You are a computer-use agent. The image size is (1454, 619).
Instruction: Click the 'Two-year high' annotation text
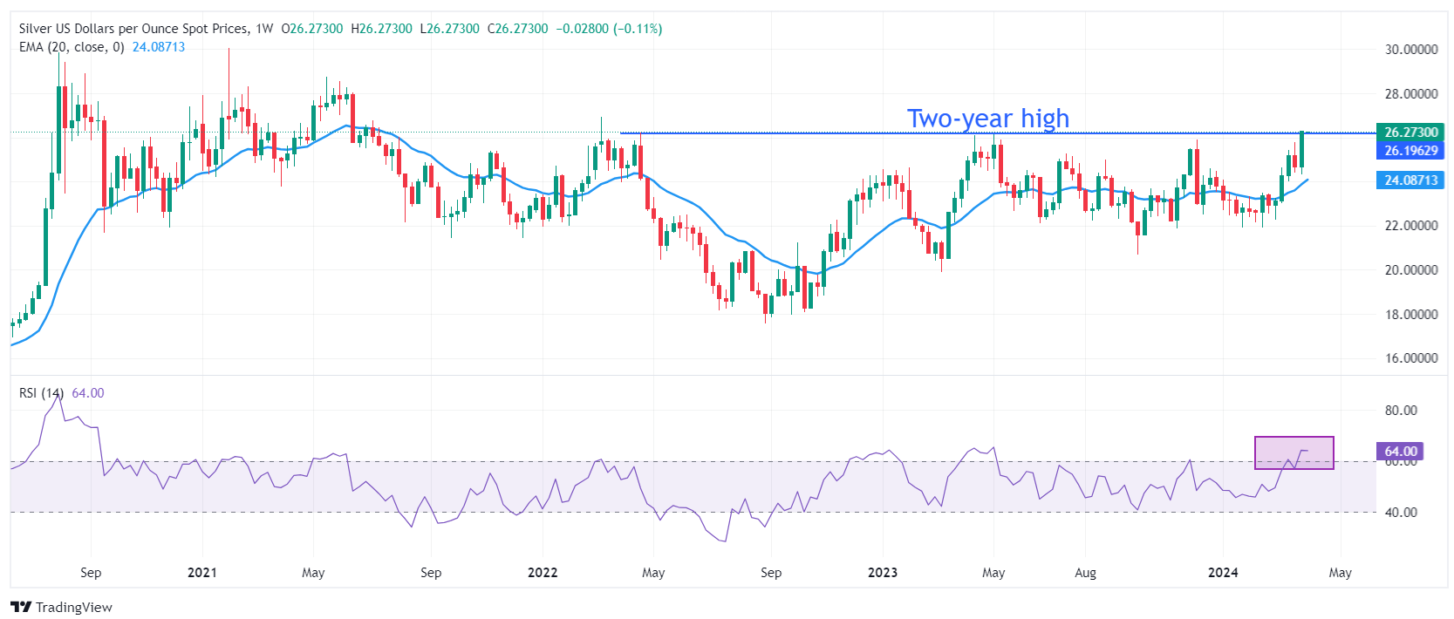coord(987,118)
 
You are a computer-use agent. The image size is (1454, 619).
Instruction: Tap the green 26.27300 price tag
coord(1410,133)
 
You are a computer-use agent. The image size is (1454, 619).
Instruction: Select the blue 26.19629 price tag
coord(1410,151)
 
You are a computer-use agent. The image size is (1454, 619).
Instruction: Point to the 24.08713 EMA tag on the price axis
coord(1410,180)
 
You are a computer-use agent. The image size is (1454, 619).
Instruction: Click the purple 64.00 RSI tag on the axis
coord(1400,451)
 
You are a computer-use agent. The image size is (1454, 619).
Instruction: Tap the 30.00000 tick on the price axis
coord(1411,50)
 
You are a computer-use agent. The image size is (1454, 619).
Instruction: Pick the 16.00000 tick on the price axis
coord(1411,358)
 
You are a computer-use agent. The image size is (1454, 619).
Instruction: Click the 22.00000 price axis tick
coord(1411,226)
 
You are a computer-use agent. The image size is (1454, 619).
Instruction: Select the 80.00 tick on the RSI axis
coord(1401,411)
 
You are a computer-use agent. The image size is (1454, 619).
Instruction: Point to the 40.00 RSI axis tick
coord(1401,513)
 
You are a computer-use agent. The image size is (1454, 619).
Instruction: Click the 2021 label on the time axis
coord(202,573)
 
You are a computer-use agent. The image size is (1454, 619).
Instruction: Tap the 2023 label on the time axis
coord(883,573)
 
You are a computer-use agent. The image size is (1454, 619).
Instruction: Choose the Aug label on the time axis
coord(1085,573)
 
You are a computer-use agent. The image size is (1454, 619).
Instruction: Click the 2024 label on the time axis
coord(1223,573)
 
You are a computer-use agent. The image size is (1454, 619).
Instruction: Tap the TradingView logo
coord(61,607)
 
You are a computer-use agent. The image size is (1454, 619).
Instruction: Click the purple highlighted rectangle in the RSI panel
coord(1294,452)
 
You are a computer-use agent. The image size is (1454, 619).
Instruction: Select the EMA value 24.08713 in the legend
coord(159,47)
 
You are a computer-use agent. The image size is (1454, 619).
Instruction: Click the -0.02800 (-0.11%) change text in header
coord(609,29)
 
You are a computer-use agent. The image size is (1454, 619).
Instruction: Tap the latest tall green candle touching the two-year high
coord(1301,149)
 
